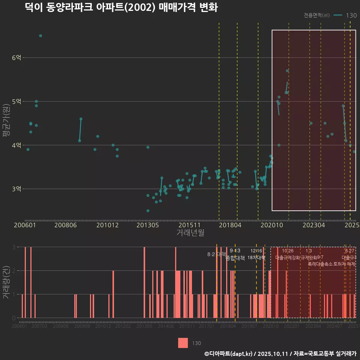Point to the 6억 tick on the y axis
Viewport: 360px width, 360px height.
coord(16,58)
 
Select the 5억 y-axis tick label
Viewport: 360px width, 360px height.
coord(16,102)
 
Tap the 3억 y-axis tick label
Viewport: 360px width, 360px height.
coord(16,189)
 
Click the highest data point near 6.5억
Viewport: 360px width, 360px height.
coord(40,36)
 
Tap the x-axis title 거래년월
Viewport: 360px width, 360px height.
coord(190,233)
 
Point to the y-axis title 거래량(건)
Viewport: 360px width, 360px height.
coord(6,282)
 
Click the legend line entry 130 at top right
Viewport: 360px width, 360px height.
coord(345,15)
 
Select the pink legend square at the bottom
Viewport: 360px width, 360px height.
coord(183,343)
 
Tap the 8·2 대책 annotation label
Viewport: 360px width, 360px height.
coord(214,254)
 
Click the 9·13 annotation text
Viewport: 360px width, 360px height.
coord(235,251)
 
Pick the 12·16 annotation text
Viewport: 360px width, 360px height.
coord(256,251)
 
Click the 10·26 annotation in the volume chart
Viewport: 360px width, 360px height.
coord(288,251)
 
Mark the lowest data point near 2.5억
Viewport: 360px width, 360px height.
coord(148,211)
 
